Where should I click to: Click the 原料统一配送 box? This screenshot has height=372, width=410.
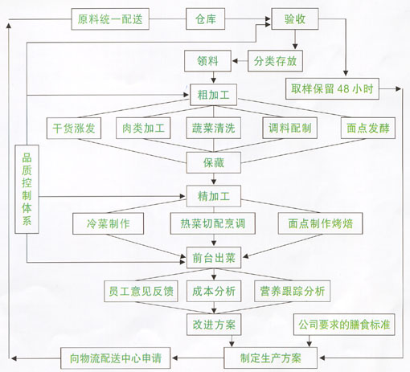pos(110,19)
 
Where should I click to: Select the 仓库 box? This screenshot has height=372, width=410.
pos(205,18)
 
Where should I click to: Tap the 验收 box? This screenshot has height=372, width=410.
pos(295,18)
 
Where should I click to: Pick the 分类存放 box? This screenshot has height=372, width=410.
pos(275,61)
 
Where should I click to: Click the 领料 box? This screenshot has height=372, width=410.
pos(207,61)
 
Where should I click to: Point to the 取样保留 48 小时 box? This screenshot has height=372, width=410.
pos(332,88)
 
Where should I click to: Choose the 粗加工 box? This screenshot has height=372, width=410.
pos(213,95)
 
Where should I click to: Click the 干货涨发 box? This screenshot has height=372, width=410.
pos(74,128)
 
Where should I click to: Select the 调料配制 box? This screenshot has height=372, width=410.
pos(289,128)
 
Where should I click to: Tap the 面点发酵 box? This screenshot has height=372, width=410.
pos(368,128)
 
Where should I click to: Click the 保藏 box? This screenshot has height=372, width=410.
pos(214,162)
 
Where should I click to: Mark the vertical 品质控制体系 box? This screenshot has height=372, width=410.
pos(27,189)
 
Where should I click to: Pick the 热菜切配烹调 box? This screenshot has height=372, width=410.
pos(213,223)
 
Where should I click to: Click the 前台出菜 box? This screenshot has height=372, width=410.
pos(214,258)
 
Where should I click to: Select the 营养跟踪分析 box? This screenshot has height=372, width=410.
pos(292,291)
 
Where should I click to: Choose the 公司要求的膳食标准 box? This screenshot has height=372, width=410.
pos(344,325)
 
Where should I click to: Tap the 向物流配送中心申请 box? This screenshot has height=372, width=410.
pos(116,358)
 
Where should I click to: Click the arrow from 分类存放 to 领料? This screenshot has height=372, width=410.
pos(240,61)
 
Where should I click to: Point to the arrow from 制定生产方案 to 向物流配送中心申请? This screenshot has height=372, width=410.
pos(198,358)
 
